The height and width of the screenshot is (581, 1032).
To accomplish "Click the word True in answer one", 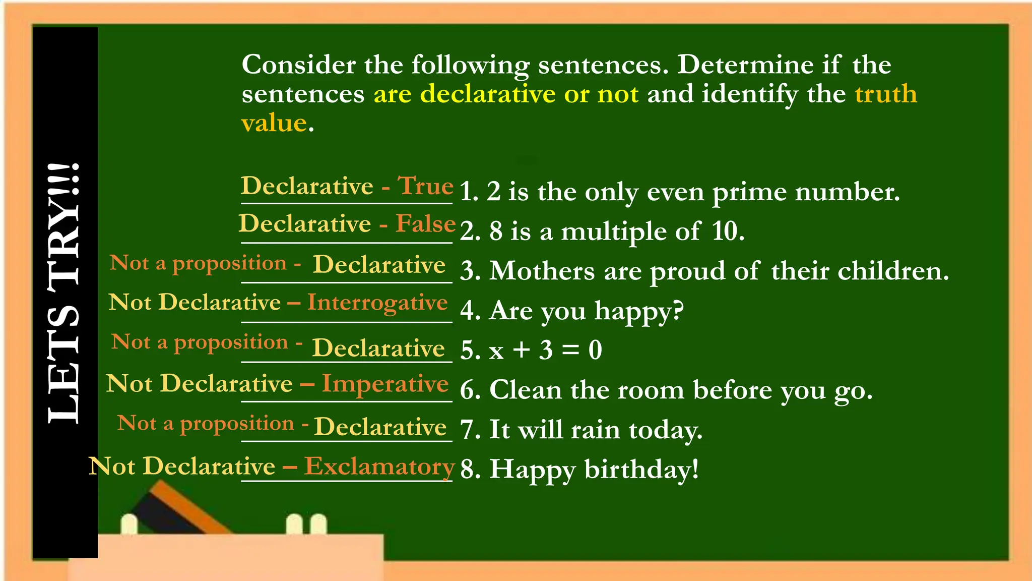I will coord(426,186).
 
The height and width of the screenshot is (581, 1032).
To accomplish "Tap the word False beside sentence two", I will coord(425,224).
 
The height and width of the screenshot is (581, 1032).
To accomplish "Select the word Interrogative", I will coord(377,303).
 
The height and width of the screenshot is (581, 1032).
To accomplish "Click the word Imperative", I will coord(385,384).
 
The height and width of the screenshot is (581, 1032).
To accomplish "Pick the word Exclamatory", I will coord(379,466).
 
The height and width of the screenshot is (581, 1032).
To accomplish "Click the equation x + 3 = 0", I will coord(546,350).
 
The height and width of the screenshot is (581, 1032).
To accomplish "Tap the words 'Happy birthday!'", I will coord(594,470).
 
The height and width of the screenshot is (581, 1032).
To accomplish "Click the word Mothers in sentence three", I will coord(542,271).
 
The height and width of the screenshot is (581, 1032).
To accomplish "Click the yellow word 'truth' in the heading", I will coord(886,94).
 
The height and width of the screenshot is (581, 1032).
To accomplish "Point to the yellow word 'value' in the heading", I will coord(274,123).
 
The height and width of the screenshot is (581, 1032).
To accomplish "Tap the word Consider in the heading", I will coord(298,65).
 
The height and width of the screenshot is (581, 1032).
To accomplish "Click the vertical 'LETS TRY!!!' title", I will coord(64,293).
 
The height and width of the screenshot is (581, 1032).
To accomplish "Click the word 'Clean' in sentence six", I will coord(526,390).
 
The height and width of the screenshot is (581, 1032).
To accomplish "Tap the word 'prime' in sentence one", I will coord(749,193).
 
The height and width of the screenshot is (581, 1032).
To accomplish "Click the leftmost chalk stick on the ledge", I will coord(130,525).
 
